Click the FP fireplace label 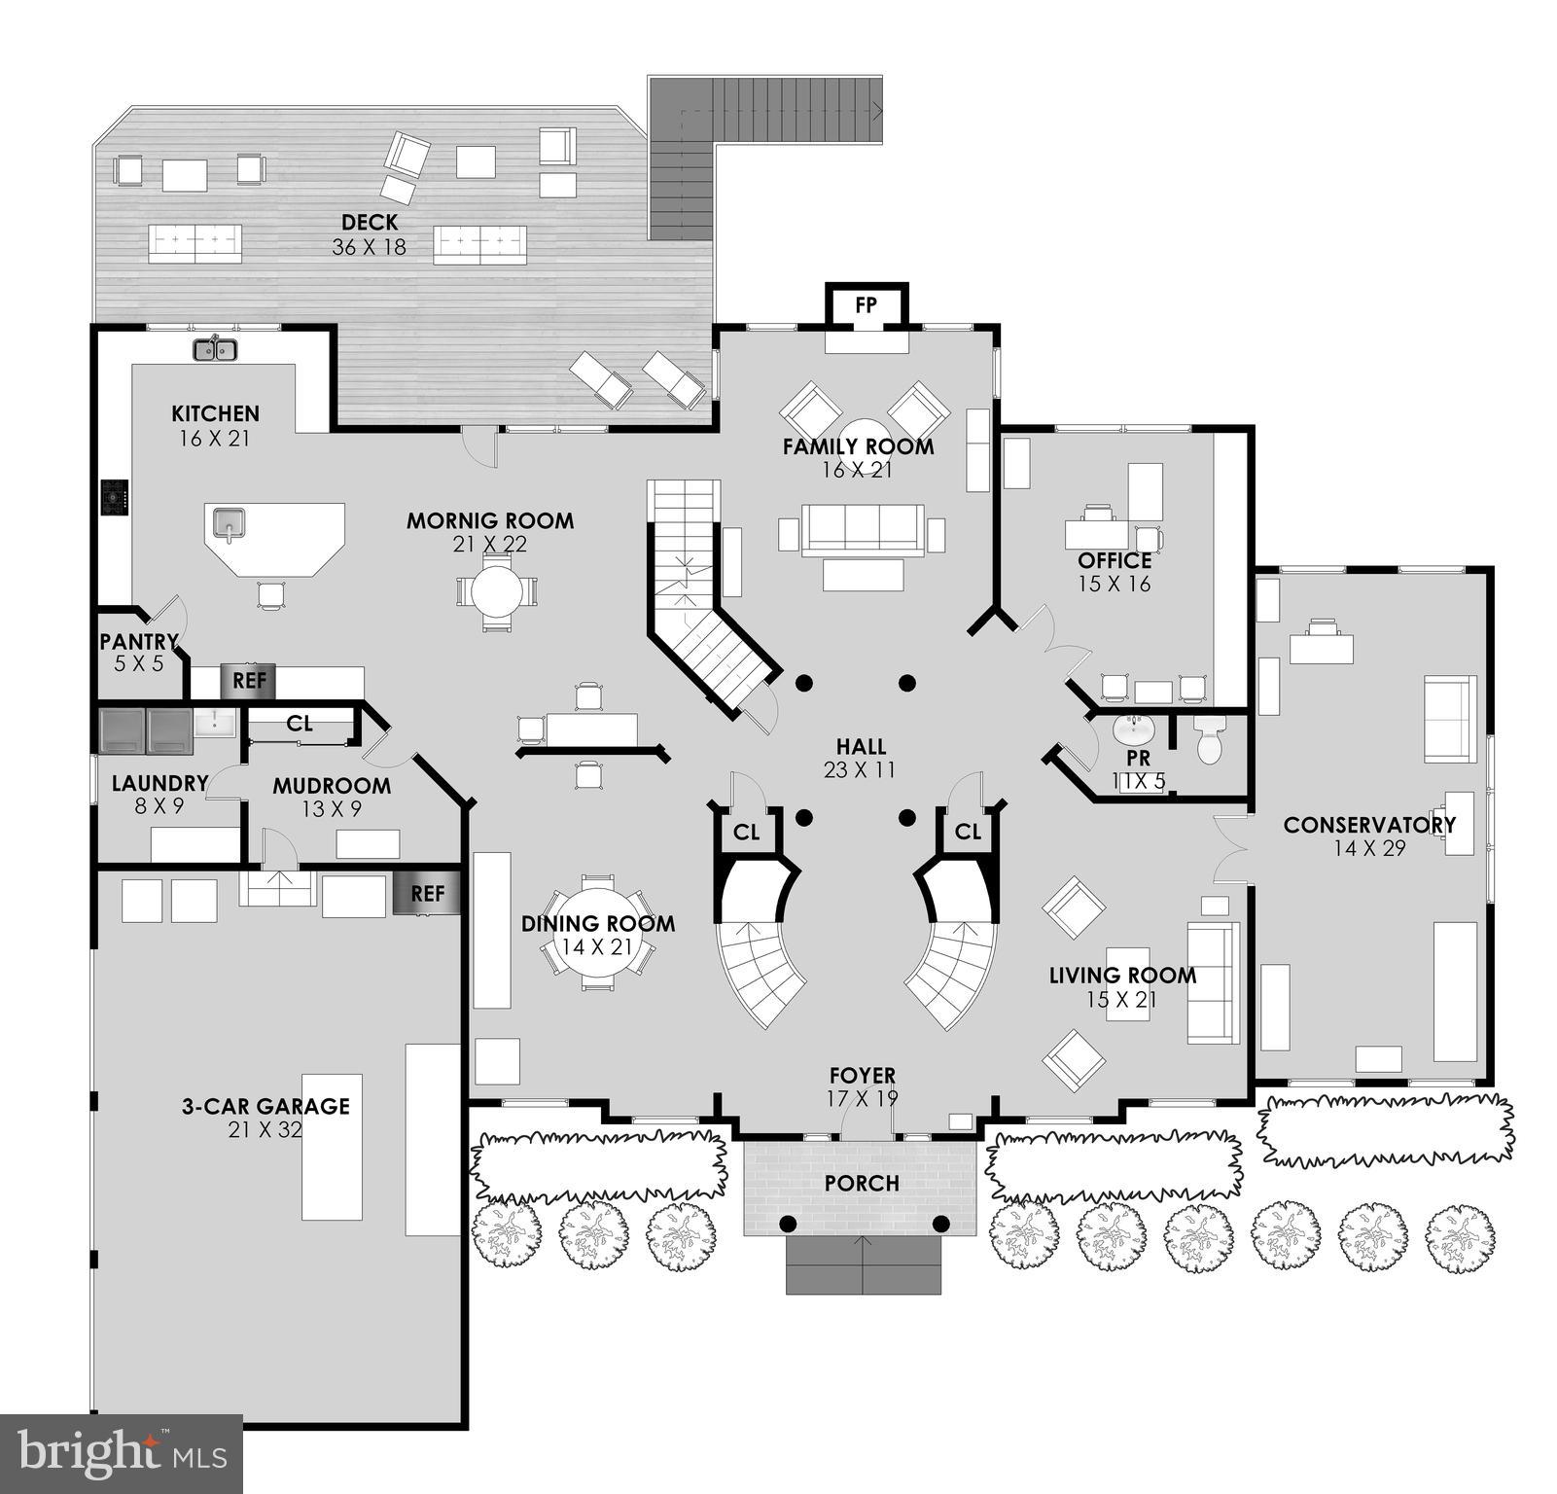pos(866,305)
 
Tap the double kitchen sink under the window pos(215,349)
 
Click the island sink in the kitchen pos(230,524)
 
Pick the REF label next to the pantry pos(249,681)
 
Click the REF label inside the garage pos(427,894)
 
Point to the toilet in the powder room pos(1208,741)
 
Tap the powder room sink pos(1131,728)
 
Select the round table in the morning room pos(496,590)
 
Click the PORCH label pos(861,1184)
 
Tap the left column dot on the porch pos(788,1223)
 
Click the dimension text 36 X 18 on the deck pos(369,247)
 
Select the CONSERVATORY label pos(1369,825)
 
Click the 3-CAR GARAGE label pos(265,1106)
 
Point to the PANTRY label pos(139,642)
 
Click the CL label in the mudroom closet pos(300,724)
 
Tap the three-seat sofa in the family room pos(862,530)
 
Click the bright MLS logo pos(121,1453)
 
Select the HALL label pos(861,747)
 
